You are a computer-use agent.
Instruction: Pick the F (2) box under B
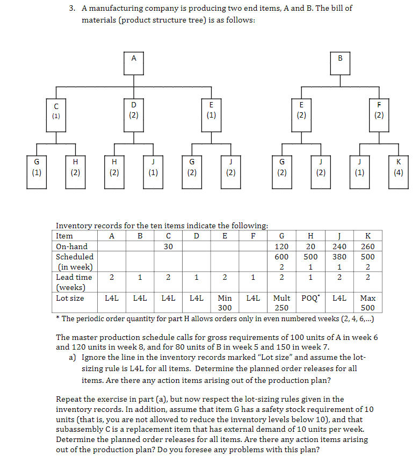379,112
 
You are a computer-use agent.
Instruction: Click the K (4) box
398,170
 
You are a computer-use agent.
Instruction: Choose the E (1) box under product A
211,112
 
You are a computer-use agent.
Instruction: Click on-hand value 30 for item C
169,247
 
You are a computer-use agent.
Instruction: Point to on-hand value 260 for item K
368,247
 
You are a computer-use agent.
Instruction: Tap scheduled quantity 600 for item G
281,257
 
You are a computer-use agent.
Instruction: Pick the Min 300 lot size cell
225,303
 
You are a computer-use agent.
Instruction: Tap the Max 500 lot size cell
368,303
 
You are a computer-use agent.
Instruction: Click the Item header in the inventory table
64,236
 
